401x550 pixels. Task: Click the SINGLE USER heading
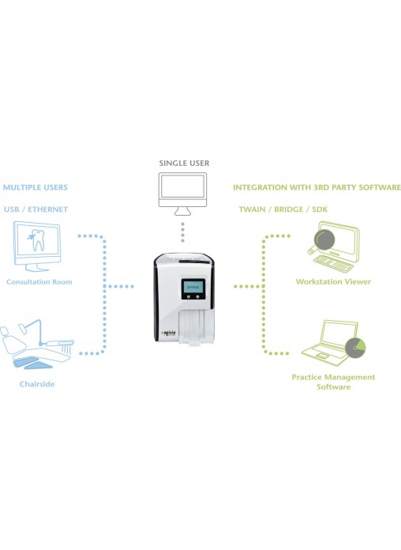184,163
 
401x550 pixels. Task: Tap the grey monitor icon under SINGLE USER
182,194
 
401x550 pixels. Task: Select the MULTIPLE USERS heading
36,187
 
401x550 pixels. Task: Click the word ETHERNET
47,209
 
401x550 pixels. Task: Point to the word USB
12,209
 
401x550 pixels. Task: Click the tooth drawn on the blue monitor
36,240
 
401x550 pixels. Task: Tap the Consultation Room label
39,281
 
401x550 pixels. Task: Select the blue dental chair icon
37,344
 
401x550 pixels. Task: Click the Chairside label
37,384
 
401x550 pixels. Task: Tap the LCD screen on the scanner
193,287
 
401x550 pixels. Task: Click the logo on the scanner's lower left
168,333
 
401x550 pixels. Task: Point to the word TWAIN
252,209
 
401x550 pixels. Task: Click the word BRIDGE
288,209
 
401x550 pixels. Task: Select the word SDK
320,209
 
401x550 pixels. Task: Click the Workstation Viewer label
333,281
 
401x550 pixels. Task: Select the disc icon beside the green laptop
355,348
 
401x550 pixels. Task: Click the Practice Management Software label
333,382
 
